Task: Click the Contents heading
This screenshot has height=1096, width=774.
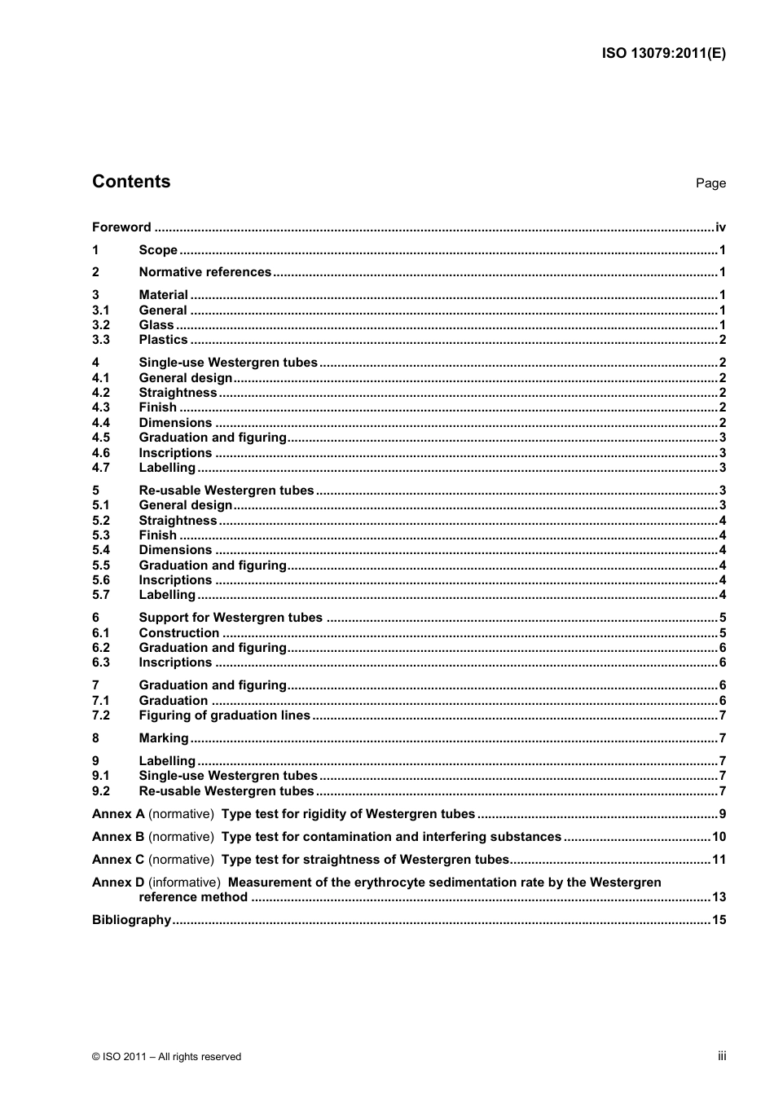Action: click(x=131, y=182)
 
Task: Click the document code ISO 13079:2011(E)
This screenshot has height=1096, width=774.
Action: click(x=663, y=54)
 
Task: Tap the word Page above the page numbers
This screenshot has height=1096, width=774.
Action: click(x=710, y=183)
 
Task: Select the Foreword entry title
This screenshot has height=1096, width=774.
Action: click(x=121, y=227)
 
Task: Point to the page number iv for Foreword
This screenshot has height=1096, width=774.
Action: click(x=720, y=227)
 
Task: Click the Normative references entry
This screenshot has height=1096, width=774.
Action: click(x=204, y=272)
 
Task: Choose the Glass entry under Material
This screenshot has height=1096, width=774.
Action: click(x=156, y=325)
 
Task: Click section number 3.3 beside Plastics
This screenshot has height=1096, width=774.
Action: click(x=100, y=340)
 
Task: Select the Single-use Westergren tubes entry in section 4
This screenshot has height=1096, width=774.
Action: click(x=228, y=363)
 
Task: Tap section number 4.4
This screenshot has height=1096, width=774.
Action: click(x=100, y=423)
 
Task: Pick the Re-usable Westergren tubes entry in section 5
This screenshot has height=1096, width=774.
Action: click(x=226, y=491)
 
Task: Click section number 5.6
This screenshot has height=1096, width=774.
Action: click(x=100, y=580)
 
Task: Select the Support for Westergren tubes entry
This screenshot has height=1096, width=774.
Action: click(x=231, y=618)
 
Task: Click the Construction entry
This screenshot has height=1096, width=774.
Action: click(x=178, y=633)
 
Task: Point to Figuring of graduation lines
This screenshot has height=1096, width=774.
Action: click(x=224, y=715)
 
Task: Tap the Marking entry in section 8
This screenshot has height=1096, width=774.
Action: click(x=163, y=738)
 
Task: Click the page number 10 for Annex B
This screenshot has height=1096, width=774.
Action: click(x=719, y=837)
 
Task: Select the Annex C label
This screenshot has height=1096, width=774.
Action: click(x=118, y=860)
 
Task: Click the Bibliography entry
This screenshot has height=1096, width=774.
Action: click(x=131, y=920)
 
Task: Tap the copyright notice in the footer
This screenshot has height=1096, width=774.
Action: click(x=166, y=1057)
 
